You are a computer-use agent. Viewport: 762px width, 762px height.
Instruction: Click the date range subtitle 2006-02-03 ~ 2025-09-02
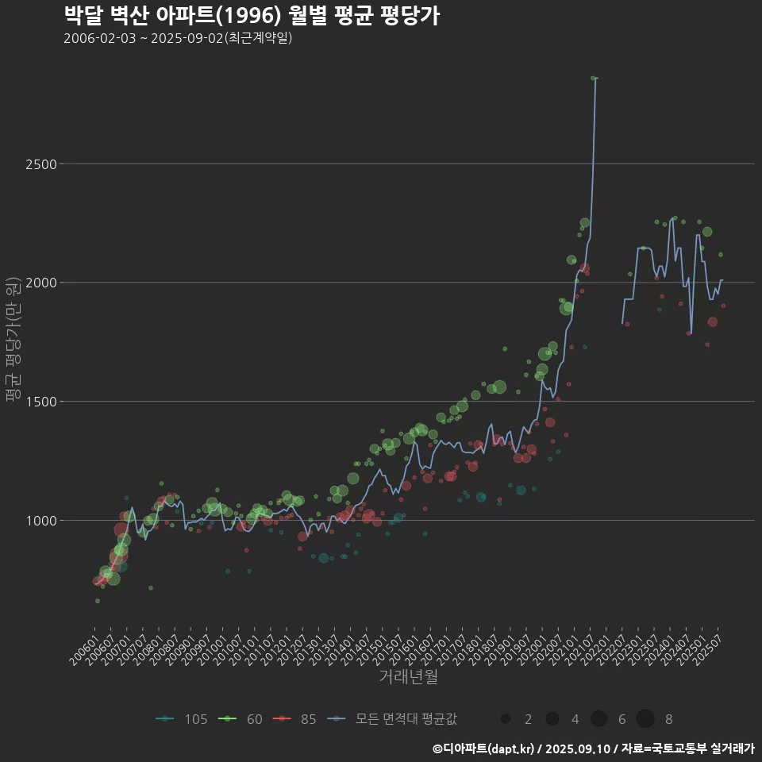click(178, 38)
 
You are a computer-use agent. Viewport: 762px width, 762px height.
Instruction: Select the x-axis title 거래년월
click(408, 676)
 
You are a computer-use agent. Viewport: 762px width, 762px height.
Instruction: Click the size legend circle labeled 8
click(645, 719)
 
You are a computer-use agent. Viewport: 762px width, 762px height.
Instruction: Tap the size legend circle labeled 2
click(506, 719)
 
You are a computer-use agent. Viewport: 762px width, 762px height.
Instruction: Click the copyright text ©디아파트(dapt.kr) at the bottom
click(483, 748)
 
